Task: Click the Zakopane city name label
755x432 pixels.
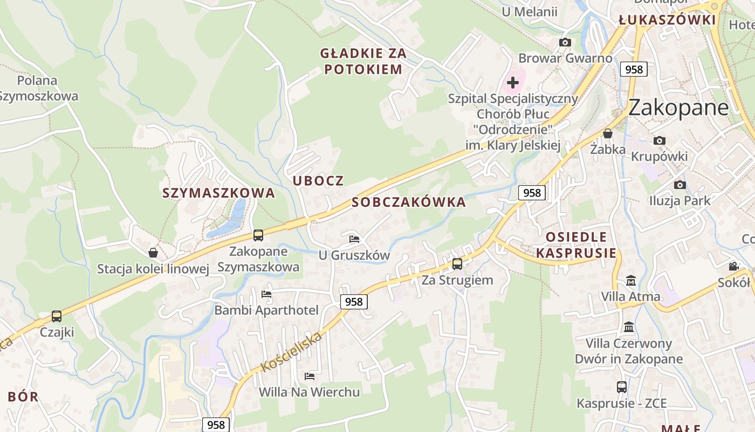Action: coord(678,107)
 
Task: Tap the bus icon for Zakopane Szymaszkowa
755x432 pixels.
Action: coord(258,235)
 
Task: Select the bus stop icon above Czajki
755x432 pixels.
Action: coord(57,316)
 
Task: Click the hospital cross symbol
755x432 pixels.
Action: coord(513,83)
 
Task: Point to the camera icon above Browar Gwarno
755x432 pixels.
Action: coord(565,42)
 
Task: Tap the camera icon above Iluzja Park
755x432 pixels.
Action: coord(680,185)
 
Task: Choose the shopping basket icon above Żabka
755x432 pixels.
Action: coord(608,133)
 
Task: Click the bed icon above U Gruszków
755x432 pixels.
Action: coord(354,238)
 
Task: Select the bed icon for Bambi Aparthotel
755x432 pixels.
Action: coord(266,294)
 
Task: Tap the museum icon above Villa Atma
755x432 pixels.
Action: coord(630,281)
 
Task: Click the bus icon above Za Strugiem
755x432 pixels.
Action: coord(457,264)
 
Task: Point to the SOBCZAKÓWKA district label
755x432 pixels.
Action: coord(409,202)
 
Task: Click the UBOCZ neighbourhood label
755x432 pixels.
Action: coord(318,181)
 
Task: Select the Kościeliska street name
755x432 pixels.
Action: coord(291,352)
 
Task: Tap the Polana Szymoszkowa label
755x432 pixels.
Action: coord(37,89)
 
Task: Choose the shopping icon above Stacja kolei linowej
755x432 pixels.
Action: coord(153,253)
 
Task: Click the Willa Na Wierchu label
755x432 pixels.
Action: coord(309,392)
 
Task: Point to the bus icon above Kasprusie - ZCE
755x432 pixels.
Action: coord(622,387)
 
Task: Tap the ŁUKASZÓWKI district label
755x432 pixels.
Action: coord(667,21)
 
